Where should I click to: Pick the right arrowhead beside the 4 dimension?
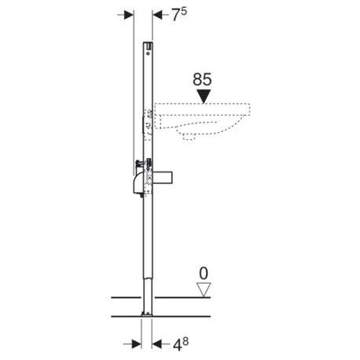tap(155, 343)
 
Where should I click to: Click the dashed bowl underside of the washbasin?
tap(197, 133)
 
